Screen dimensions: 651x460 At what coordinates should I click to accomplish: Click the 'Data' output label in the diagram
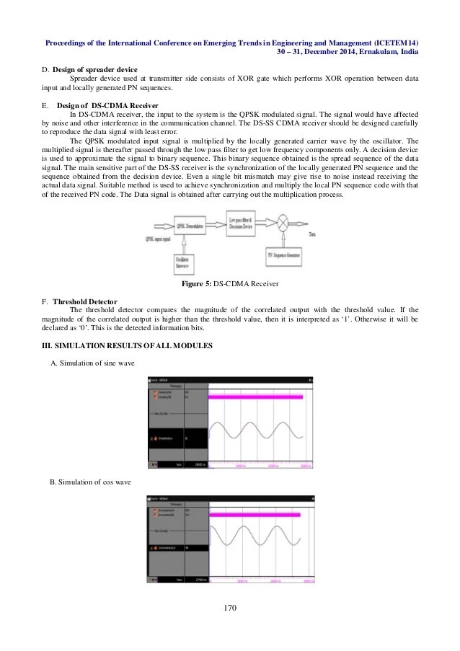coord(312,234)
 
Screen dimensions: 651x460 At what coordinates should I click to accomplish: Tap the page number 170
coord(230,608)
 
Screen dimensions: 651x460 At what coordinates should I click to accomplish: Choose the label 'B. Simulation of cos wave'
coord(91,481)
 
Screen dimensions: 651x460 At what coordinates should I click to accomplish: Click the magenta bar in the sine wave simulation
coord(255,397)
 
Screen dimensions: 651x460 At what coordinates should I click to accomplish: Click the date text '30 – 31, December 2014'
coord(324,53)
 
